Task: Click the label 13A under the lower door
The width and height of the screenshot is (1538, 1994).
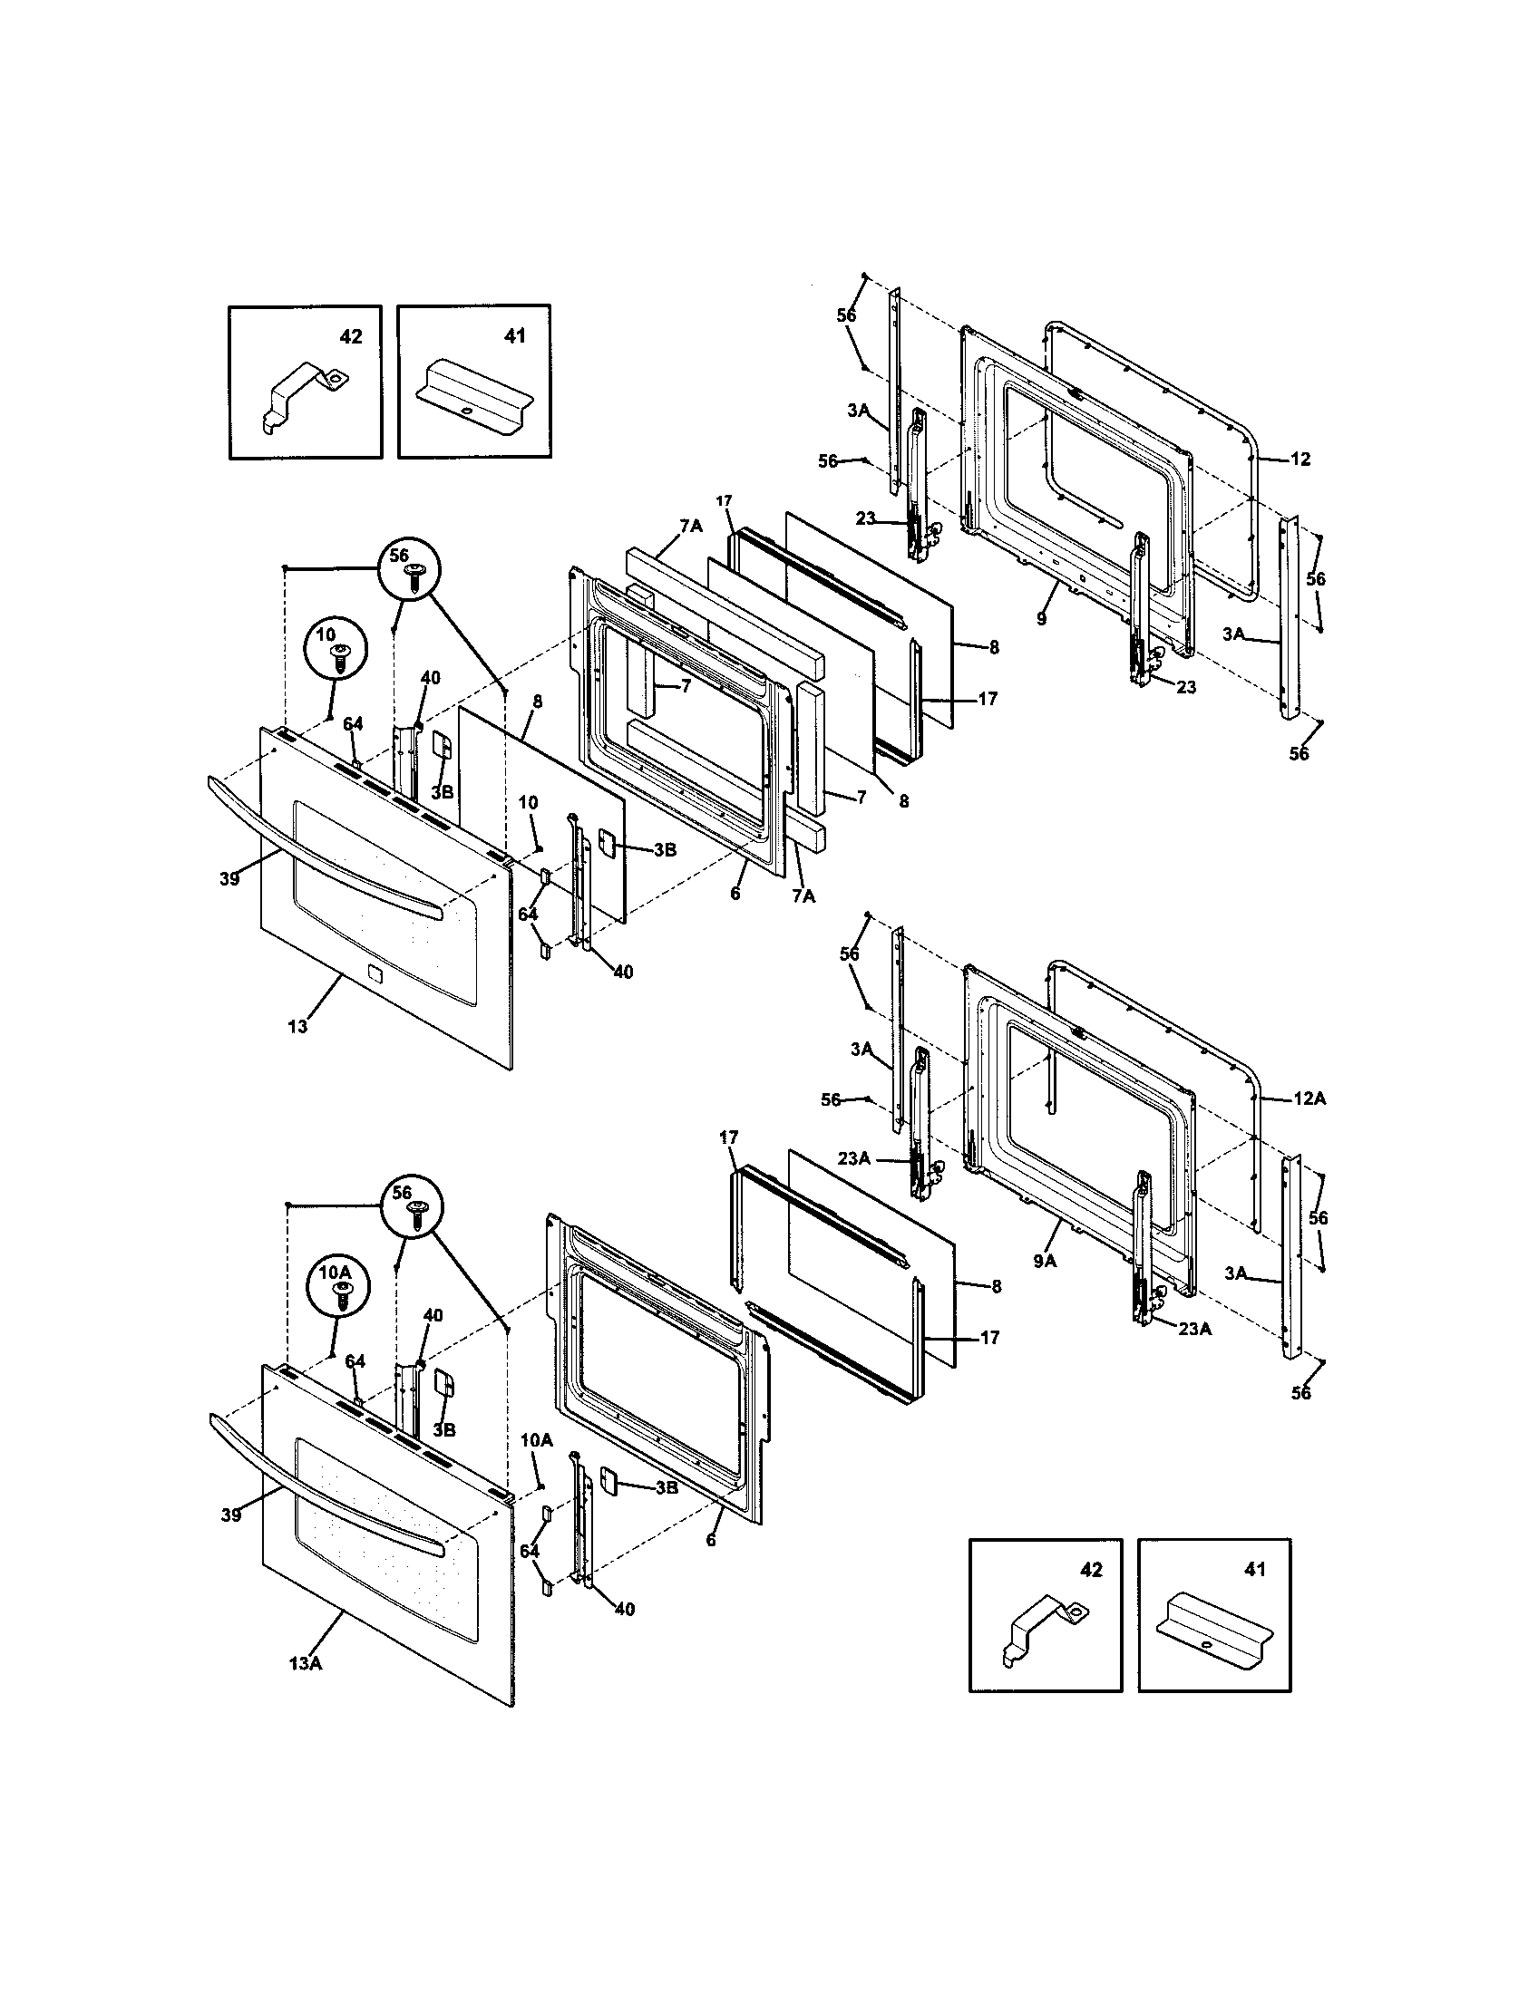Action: pos(305,1662)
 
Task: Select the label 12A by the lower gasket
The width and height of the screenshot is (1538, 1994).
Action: pos(1309,1099)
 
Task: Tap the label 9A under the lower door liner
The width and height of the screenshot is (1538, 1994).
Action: pos(1046,1261)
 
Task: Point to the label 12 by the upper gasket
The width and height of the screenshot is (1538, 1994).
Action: pos(1300,460)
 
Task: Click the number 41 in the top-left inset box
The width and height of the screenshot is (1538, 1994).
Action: pos(515,337)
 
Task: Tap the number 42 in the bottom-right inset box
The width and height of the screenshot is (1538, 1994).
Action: pos(1091,1570)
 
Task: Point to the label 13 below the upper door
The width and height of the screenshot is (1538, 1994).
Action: pos(297,1026)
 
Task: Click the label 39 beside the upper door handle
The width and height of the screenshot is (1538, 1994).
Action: pos(229,879)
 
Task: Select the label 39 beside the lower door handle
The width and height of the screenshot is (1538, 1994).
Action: pos(230,1515)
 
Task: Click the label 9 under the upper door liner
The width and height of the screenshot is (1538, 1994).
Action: pos(1042,619)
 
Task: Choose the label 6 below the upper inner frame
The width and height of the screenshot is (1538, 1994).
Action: pos(735,894)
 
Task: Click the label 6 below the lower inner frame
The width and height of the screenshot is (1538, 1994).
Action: pos(711,1539)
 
